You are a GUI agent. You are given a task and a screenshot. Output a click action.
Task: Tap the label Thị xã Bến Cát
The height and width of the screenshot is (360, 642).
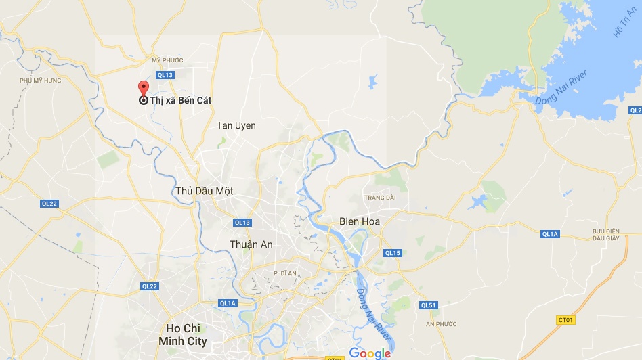coord(180,100)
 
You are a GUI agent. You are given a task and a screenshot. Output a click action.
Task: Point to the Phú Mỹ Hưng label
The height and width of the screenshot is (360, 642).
coord(41,81)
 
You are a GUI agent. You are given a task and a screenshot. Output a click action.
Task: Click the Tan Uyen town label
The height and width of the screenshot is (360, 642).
coord(236,125)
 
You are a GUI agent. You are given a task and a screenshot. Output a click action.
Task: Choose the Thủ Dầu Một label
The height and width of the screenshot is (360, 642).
coord(204,191)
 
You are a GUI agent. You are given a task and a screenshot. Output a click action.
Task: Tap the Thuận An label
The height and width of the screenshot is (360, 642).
coord(251,244)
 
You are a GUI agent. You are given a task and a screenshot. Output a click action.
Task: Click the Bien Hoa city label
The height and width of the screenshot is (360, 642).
coord(360,221)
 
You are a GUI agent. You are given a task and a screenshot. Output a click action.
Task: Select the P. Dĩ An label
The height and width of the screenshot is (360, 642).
coord(286,273)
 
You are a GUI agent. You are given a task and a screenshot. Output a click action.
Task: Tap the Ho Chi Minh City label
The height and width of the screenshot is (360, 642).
coord(183,335)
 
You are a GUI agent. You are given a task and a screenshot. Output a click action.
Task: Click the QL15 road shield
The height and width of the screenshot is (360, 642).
coord(393,253)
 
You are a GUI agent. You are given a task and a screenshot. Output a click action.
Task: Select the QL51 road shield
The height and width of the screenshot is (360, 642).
coord(428,305)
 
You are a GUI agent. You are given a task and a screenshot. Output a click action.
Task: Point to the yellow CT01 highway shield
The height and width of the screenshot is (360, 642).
coord(565,319)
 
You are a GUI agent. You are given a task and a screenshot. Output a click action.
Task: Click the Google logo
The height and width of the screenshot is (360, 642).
coord(370,353)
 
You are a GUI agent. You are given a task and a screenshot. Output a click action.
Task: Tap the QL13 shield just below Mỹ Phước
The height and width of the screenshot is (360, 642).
coord(165,75)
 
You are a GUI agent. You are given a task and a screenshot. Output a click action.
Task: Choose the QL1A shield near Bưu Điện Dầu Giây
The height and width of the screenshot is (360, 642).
coord(550,234)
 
